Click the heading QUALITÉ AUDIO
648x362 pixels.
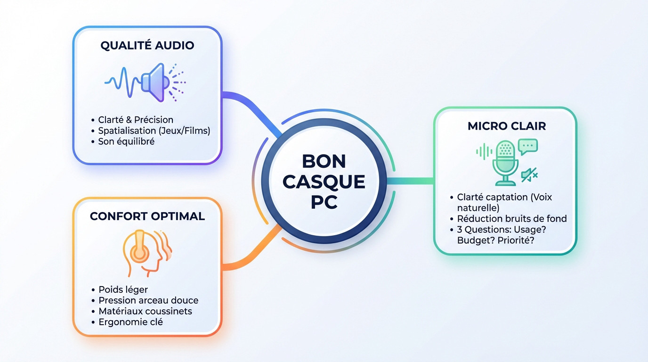[x=147, y=46]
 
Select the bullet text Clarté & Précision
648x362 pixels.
[x=136, y=120]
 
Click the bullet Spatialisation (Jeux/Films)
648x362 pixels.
[x=154, y=131]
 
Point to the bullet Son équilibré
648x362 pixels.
[x=126, y=141]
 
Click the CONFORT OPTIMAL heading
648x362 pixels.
[x=147, y=216]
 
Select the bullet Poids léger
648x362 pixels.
[x=123, y=289]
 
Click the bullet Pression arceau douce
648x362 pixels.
[x=148, y=300]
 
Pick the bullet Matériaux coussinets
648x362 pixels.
[x=145, y=311]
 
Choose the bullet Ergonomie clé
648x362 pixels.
[x=130, y=322]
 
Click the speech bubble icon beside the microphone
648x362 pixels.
[x=528, y=146]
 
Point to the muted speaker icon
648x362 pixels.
[x=529, y=176]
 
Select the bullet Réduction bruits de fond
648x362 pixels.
[x=512, y=219]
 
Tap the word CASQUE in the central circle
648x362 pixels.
[x=324, y=181]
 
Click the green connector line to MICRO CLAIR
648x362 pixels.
[x=410, y=180]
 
